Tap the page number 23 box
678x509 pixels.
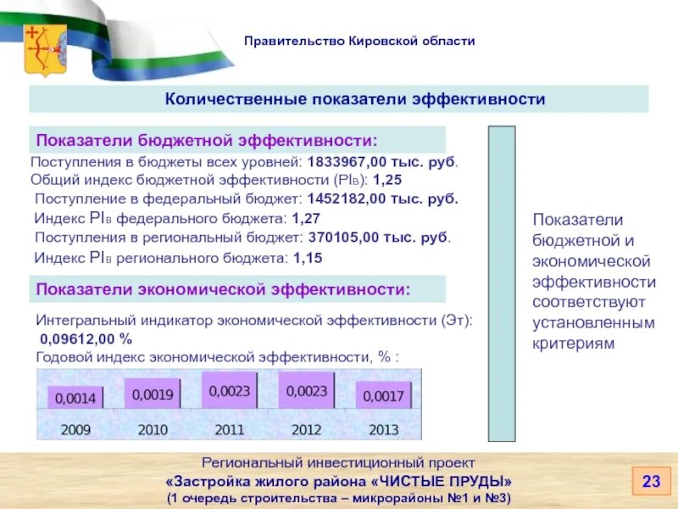651,482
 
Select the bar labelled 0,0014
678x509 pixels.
75,397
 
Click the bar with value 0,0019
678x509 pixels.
153,394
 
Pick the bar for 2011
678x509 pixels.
230,391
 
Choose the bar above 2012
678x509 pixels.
306,391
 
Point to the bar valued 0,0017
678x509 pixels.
383,395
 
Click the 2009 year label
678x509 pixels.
75,429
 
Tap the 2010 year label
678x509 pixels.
153,429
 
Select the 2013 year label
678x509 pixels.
383,429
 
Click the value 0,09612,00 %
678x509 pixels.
86,338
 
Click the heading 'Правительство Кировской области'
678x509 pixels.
360,41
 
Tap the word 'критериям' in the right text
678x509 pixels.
573,343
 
